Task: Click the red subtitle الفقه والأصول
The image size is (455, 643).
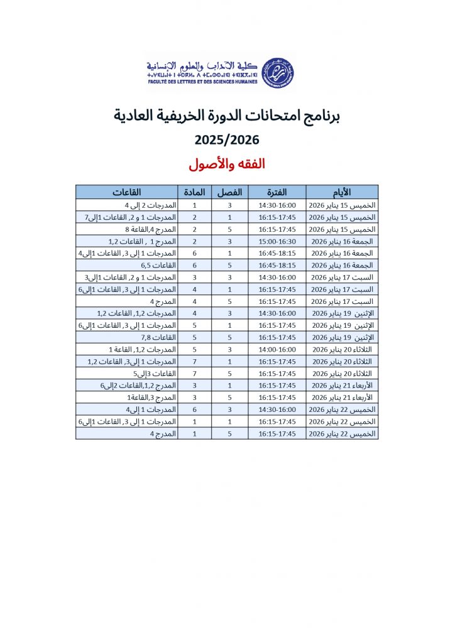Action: pyautogui.click(x=227, y=165)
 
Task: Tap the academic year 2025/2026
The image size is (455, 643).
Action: pyautogui.click(x=227, y=139)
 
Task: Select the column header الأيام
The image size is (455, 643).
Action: pyautogui.click(x=341, y=192)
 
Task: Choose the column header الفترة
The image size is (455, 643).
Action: pyautogui.click(x=277, y=192)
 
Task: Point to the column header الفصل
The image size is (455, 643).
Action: pyautogui.click(x=229, y=192)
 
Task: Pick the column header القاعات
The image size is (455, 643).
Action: pyautogui.click(x=127, y=192)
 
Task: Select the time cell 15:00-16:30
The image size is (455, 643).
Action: pyautogui.click(x=277, y=241)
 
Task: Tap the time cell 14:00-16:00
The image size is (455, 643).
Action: pyautogui.click(x=277, y=349)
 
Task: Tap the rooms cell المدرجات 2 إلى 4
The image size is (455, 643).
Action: pyautogui.click(x=150, y=205)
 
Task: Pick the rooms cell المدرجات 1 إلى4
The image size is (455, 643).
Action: pyautogui.click(x=151, y=409)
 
